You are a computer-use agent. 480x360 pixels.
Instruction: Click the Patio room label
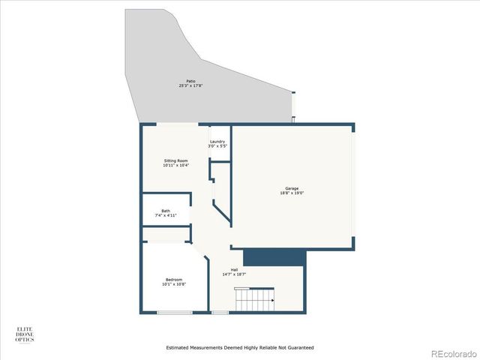click(190, 81)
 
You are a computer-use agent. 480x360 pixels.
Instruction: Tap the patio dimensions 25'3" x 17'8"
click(190, 86)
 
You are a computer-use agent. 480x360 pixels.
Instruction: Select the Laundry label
click(218, 141)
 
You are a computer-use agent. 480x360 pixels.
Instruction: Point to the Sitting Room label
click(175, 160)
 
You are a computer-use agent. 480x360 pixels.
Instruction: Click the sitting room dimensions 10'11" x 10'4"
click(175, 166)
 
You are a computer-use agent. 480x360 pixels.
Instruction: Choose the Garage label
click(292, 188)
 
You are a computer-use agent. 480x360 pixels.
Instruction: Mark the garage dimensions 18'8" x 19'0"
click(292, 193)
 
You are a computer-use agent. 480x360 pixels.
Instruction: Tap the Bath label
click(165, 211)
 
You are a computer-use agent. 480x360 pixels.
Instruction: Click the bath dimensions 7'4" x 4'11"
click(165, 216)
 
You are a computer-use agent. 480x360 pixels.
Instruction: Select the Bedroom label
click(174, 280)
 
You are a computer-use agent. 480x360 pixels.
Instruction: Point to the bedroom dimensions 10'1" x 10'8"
click(174, 285)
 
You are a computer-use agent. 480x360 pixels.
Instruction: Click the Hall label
click(234, 269)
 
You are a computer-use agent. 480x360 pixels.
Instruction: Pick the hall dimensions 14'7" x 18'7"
click(234, 274)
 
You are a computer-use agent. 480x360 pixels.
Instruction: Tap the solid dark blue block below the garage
click(274, 257)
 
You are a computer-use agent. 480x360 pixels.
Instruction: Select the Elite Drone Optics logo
click(25, 334)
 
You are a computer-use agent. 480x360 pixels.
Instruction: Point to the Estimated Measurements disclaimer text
click(240, 347)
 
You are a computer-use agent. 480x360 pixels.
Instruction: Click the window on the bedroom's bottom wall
click(174, 312)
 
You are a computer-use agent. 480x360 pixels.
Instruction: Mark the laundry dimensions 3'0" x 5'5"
click(218, 146)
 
